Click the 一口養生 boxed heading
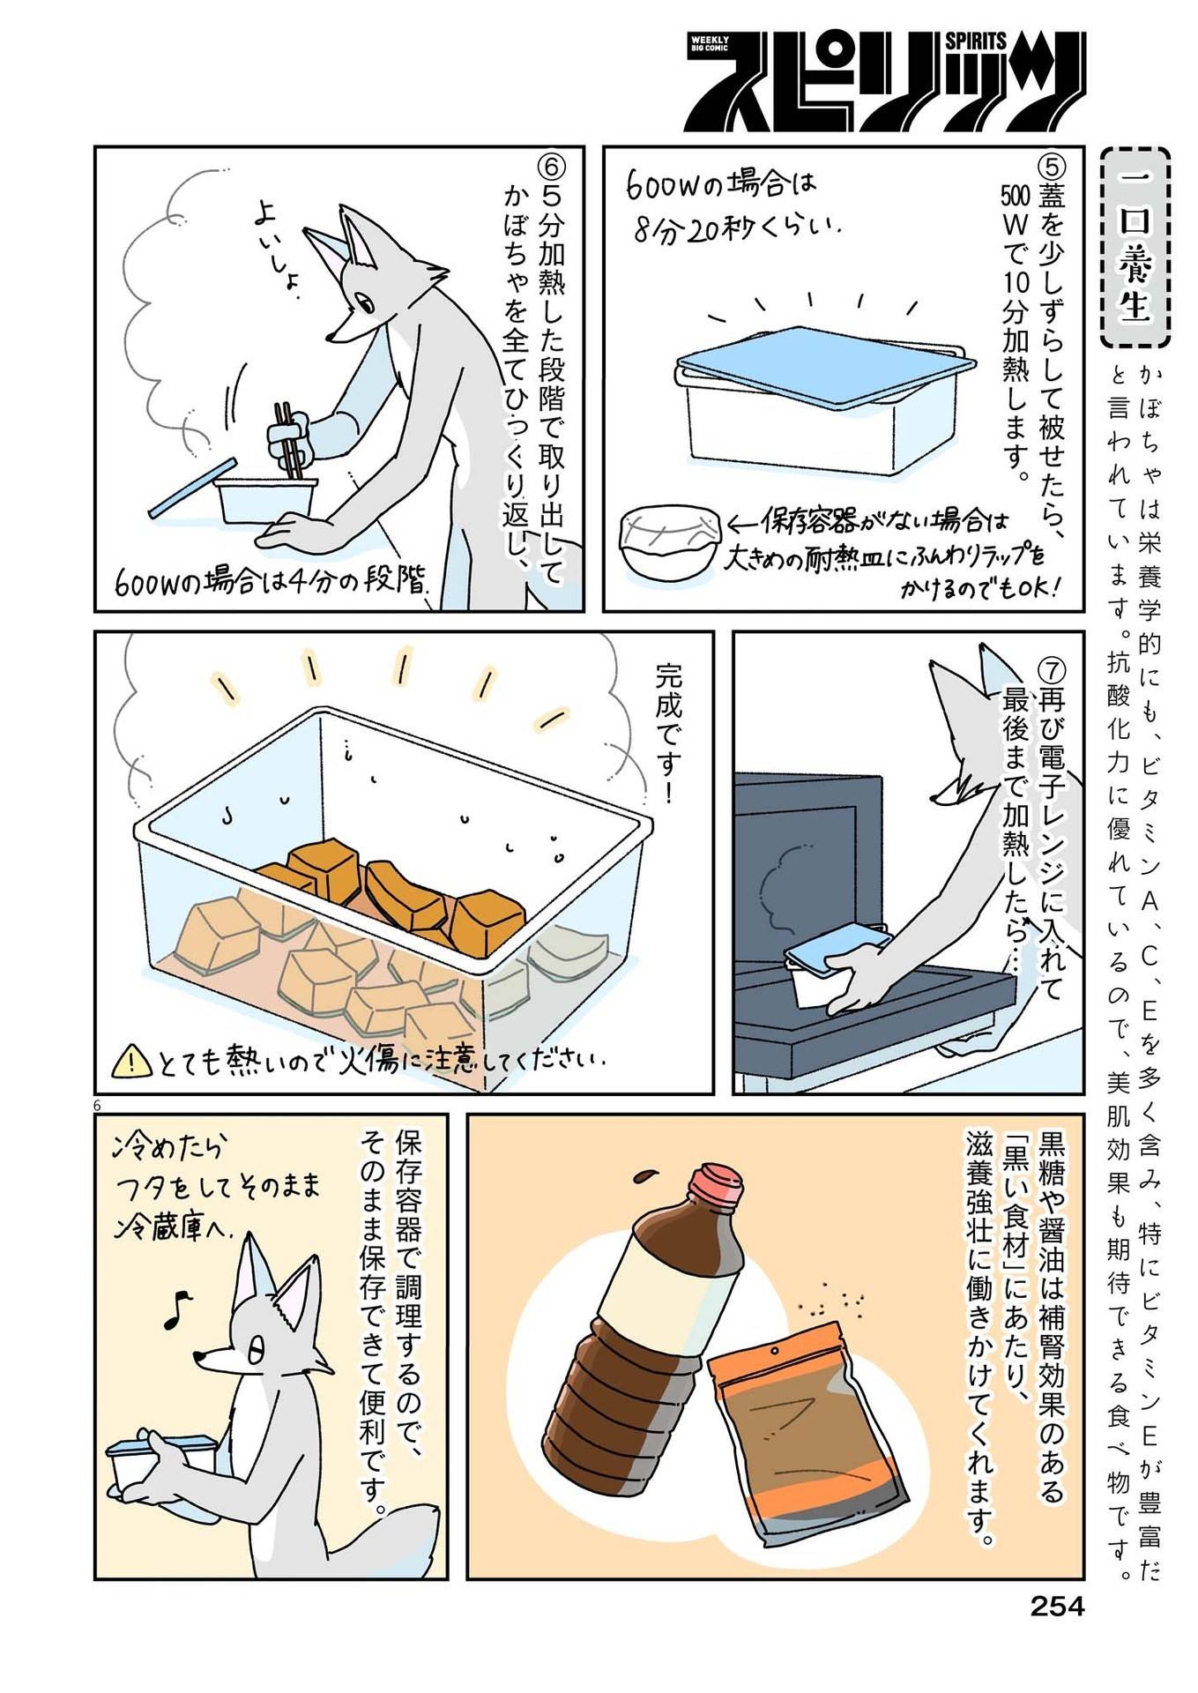pyautogui.click(x=1135, y=249)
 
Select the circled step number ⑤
pyautogui.click(x=1053, y=166)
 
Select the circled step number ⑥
pyautogui.click(x=550, y=167)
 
